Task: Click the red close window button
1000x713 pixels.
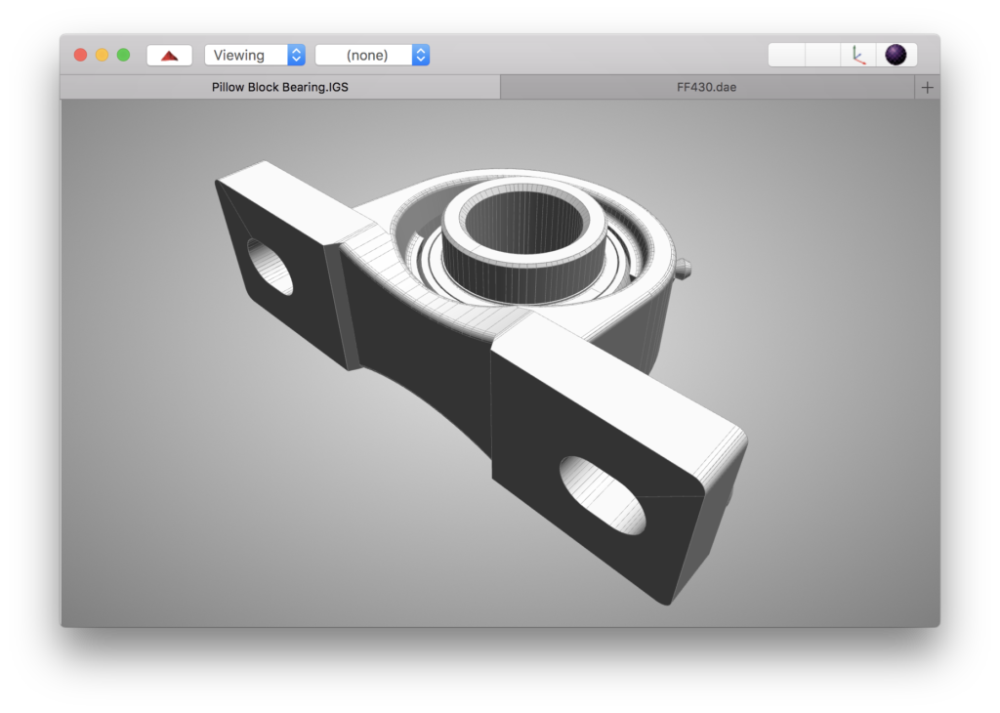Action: pyautogui.click(x=81, y=55)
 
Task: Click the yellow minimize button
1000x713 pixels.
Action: pyautogui.click(x=102, y=55)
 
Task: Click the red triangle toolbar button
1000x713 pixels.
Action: pyautogui.click(x=169, y=55)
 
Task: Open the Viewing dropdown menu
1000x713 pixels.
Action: pyautogui.click(x=254, y=55)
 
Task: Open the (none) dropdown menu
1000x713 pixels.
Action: pyautogui.click(x=372, y=55)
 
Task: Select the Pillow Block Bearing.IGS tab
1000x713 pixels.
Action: pyautogui.click(x=280, y=87)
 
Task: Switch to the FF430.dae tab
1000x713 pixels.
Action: pyautogui.click(x=706, y=87)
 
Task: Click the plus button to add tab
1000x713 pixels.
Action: pyautogui.click(x=927, y=87)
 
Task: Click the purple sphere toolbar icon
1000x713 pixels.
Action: pyautogui.click(x=896, y=55)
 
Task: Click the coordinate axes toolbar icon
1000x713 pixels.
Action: pyautogui.click(x=858, y=55)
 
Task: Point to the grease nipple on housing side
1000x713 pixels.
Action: pyautogui.click(x=687, y=269)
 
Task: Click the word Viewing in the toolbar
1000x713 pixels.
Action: pyautogui.click(x=239, y=55)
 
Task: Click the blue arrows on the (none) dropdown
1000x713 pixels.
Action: pyautogui.click(x=420, y=55)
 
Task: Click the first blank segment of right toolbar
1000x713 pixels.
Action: pyautogui.click(x=787, y=55)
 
